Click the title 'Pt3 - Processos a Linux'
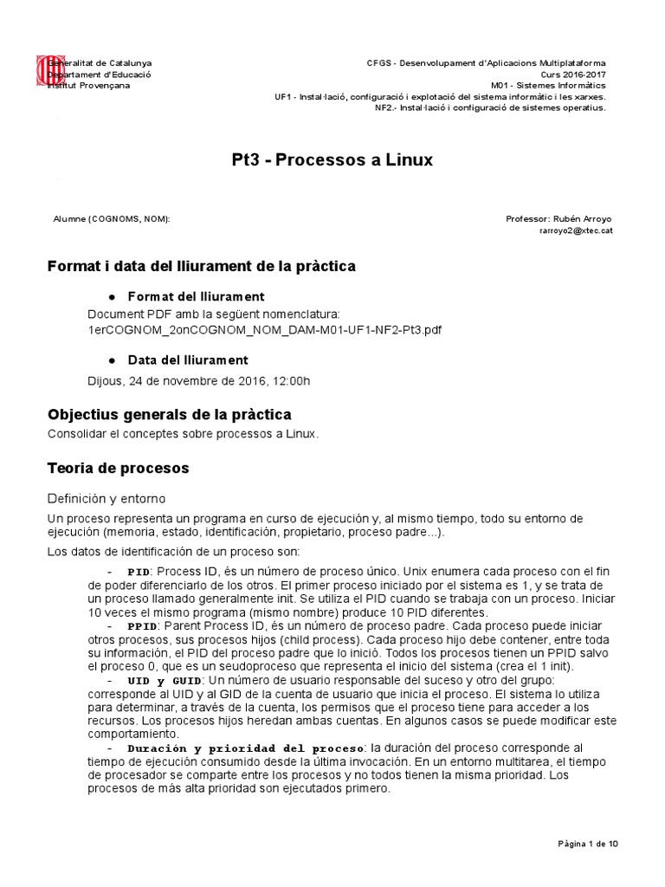click(332, 160)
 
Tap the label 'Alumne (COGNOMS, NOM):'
click(112, 219)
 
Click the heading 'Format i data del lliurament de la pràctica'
click(201, 265)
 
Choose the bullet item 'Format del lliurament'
click(196, 296)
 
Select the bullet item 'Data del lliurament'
click(188, 359)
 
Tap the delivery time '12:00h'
click(293, 380)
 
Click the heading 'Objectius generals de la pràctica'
click(169, 414)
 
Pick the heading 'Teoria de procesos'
click(118, 468)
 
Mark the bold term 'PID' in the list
click(139, 573)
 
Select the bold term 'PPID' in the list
click(142, 626)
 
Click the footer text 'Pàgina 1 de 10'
click(586, 844)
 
